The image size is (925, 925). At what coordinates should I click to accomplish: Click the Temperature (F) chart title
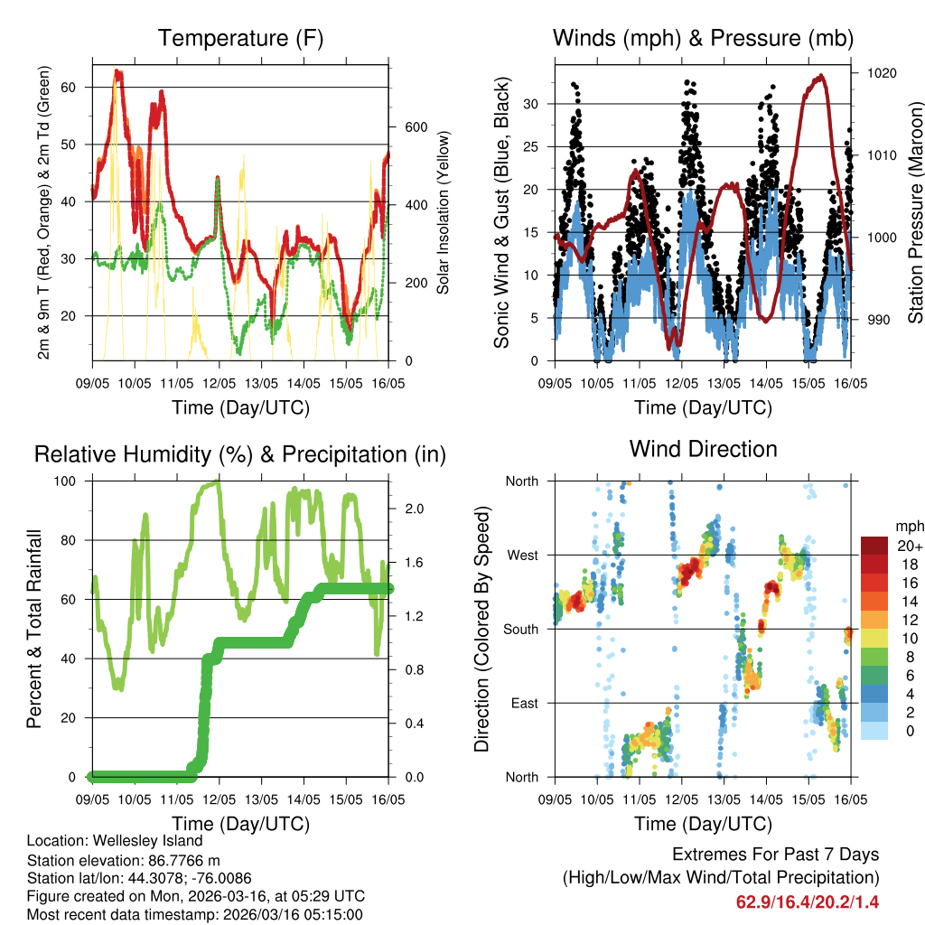pos(239,38)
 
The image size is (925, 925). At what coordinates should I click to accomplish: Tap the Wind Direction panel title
pos(703,448)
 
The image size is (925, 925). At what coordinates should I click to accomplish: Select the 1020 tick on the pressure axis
pos(881,73)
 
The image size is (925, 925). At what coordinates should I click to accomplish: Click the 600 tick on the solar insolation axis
pos(415,126)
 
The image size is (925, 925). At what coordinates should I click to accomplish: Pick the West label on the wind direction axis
pos(521,555)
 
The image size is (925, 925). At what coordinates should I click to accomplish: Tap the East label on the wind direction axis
pos(523,703)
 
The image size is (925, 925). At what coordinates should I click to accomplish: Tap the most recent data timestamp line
pos(194,914)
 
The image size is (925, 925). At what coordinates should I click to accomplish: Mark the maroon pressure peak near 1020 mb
pos(820,76)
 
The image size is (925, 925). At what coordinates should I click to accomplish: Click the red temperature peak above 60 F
pos(117,71)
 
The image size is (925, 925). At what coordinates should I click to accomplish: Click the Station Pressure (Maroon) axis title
pos(914,199)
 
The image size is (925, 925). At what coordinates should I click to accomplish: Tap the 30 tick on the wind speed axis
pos(532,104)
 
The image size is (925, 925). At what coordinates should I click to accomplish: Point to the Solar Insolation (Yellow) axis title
pos(443,213)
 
